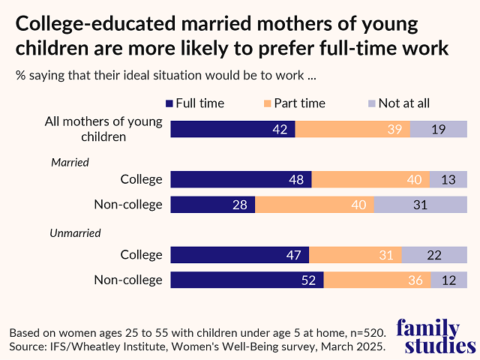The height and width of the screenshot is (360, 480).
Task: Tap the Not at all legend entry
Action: pos(397,103)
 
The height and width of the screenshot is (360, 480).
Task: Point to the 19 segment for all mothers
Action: pos(439,128)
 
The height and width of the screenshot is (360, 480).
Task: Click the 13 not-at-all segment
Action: pos(448,179)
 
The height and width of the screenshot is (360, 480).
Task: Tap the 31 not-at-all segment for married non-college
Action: pos(420,205)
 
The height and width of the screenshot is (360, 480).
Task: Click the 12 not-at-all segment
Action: pos(448,280)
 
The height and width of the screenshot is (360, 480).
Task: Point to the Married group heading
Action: pos(70,162)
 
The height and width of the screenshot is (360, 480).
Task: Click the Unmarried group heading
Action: pos(76,233)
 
